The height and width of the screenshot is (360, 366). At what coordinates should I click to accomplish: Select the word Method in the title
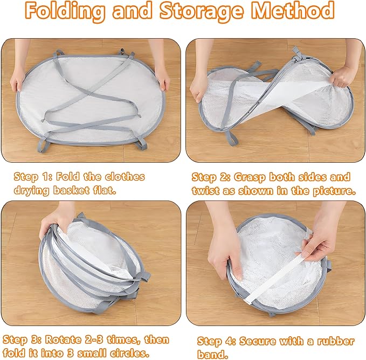[293, 10]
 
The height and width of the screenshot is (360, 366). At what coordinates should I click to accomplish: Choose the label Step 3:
[22, 340]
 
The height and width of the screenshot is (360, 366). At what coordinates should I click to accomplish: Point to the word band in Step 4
[212, 355]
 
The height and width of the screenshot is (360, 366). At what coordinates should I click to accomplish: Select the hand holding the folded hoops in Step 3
[56, 223]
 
